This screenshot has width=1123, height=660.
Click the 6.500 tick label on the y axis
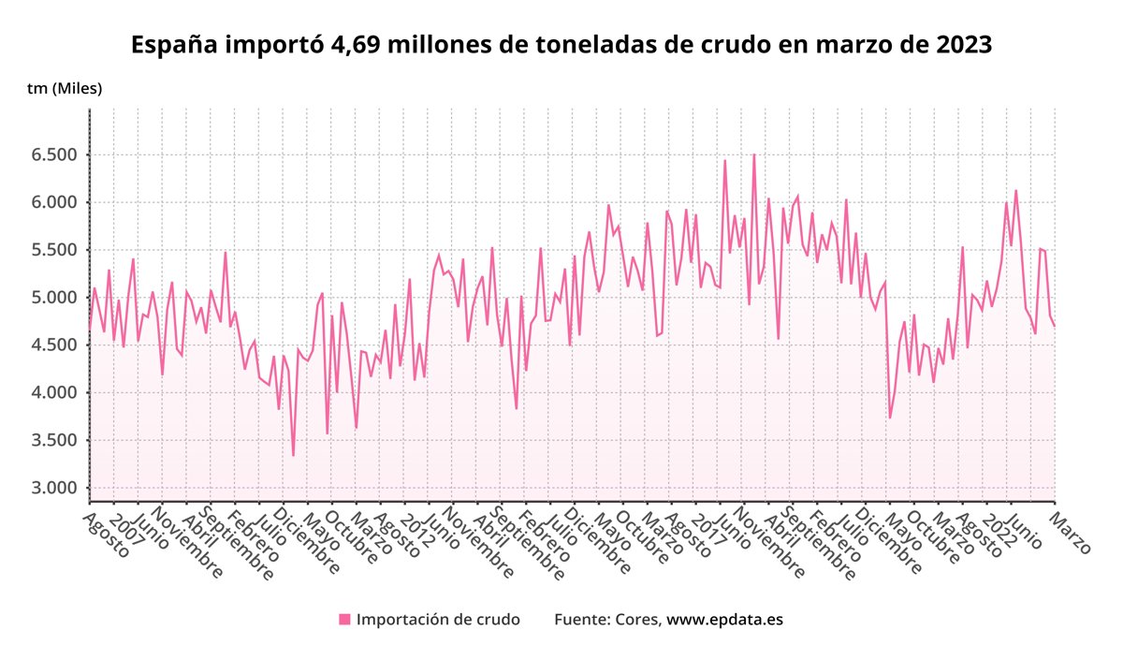52,154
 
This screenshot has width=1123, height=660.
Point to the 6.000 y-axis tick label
52,202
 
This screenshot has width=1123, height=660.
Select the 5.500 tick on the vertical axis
52,250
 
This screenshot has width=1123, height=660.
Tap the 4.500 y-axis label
52,345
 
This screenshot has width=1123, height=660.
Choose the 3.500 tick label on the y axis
52,440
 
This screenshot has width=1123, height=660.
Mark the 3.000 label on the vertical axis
52,488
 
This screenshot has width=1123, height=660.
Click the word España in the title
176,45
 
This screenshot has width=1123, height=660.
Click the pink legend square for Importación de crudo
344,619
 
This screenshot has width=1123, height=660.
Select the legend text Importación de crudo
438,619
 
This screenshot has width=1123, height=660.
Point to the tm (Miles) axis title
65,89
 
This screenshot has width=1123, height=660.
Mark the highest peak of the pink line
753,154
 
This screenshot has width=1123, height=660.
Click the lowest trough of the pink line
293,455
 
